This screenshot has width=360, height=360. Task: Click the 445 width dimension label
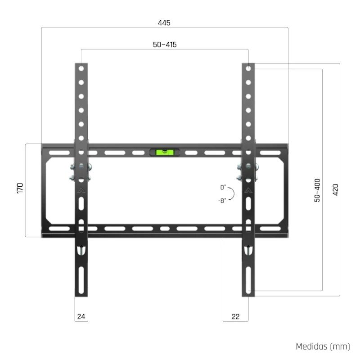[x=164, y=22]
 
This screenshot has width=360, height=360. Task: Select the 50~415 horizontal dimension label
[x=164, y=45]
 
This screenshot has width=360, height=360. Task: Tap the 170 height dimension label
[x=20, y=188]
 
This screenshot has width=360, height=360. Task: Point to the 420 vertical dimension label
[x=336, y=189]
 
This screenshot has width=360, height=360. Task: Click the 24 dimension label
[x=81, y=316]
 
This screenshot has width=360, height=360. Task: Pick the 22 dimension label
[x=236, y=316]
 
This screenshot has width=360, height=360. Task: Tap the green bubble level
[x=164, y=152]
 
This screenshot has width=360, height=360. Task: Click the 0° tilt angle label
[x=223, y=187]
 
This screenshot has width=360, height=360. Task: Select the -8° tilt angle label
[x=222, y=201]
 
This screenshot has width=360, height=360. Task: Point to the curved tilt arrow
[x=232, y=193]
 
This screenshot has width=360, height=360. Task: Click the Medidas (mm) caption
[x=323, y=346]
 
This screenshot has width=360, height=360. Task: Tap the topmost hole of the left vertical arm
[x=81, y=69]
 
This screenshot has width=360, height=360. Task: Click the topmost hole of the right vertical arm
[x=248, y=69]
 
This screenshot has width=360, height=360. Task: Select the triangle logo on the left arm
[x=81, y=190]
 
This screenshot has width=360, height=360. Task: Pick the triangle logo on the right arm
[x=248, y=190]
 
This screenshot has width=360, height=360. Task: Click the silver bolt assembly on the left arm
[x=81, y=173]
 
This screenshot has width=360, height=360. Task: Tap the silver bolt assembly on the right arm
[x=248, y=173]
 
